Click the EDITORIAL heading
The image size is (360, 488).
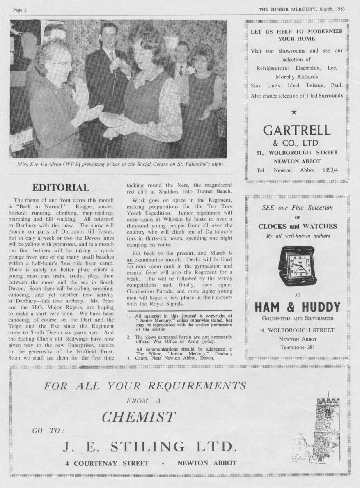pos(60,188)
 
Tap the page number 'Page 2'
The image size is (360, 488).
pos(19,10)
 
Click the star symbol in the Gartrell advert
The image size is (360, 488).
pos(294,111)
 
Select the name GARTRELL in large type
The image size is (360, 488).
pos(296,130)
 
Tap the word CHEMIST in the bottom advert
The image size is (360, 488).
pos(139,417)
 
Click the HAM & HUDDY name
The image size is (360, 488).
pos(297,307)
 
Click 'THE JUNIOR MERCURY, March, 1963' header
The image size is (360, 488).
pos(302,9)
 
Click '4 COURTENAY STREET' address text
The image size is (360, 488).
pos(107,463)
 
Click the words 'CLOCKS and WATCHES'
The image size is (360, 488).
pos(297,226)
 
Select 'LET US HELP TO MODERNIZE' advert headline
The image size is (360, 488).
pos(296,31)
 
